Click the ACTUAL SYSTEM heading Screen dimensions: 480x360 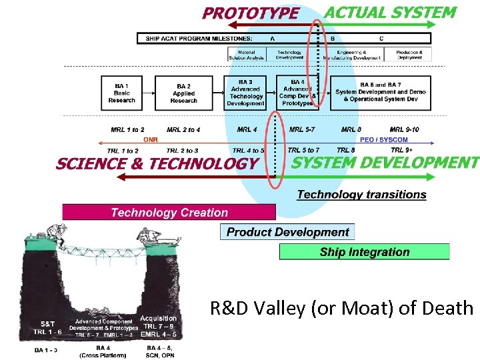pyautogui.click(x=390, y=13)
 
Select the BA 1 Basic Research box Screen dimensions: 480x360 pyautogui.click(x=122, y=93)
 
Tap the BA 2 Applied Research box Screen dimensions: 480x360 pyautogui.click(x=184, y=93)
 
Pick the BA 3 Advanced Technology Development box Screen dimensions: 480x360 pyautogui.click(x=245, y=93)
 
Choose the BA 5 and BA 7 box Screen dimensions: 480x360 pyautogui.click(x=381, y=93)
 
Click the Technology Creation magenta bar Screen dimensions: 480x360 pyautogui.click(x=169, y=213)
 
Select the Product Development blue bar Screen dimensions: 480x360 pyautogui.click(x=287, y=232)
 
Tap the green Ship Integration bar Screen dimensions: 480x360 pyautogui.click(x=364, y=252)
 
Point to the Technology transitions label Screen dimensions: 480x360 pyautogui.click(x=361, y=195)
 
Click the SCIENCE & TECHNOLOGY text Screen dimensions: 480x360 pyautogui.click(x=157, y=164)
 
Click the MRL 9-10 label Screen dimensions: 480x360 pyautogui.click(x=404, y=129)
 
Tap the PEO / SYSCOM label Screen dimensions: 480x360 pyautogui.click(x=383, y=140)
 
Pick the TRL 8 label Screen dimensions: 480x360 pyautogui.click(x=345, y=151)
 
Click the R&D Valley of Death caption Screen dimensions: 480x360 pyautogui.click(x=341, y=308)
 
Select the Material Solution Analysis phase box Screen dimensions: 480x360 pyautogui.click(x=247, y=55)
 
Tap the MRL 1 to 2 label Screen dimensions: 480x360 pyautogui.click(x=127, y=129)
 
